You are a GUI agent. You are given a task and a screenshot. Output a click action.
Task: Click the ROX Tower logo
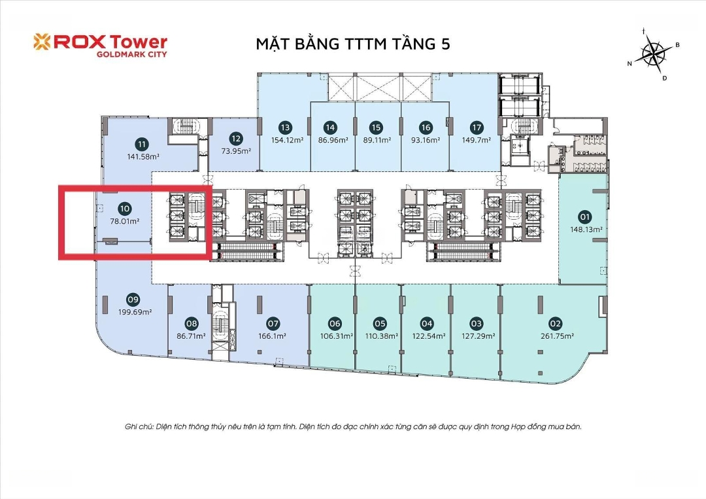100,46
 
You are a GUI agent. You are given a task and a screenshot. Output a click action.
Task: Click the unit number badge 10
125,209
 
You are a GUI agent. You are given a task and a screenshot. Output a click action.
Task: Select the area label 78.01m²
125,221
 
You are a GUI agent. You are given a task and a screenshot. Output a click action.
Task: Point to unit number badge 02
556,323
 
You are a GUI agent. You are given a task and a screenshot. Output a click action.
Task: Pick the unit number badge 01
585,217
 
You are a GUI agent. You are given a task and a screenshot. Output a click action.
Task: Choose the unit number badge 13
285,128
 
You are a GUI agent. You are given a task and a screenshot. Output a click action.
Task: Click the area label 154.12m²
287,140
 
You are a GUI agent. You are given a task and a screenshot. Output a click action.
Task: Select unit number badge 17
477,128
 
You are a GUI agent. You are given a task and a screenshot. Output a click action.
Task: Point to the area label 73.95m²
236,151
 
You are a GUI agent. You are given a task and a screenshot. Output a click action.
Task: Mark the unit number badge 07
273,323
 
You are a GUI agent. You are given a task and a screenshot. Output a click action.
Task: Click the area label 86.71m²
192,336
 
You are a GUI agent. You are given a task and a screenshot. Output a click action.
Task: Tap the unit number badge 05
380,323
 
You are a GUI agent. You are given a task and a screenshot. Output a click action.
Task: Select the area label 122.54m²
429,336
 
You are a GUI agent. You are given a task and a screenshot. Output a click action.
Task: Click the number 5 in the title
446,44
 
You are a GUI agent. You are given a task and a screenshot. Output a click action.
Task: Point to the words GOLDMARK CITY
132,54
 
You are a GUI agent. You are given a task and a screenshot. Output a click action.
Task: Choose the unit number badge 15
376,128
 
